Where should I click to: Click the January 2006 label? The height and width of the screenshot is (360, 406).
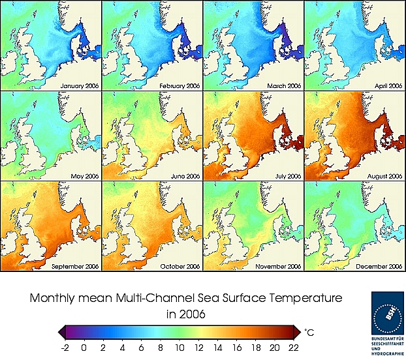(78, 85)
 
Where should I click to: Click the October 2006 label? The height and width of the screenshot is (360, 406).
(178, 266)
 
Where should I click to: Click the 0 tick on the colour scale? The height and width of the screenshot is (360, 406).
(84, 348)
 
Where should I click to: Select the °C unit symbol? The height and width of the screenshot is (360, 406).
(310, 333)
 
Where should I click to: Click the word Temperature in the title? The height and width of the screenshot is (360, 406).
(290, 299)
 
